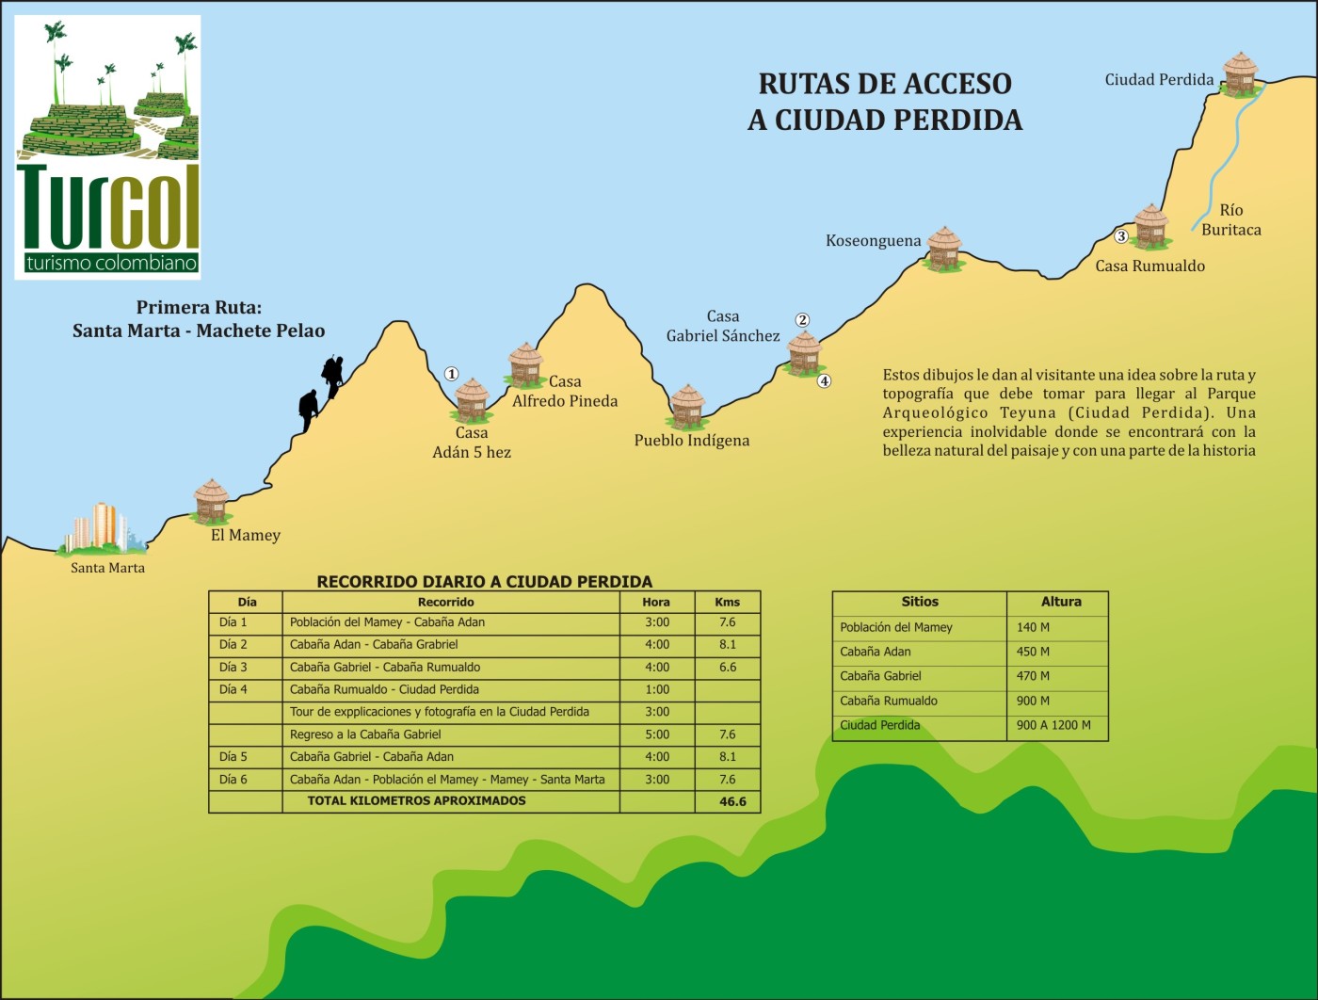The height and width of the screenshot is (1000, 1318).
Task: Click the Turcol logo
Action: [x=108, y=147]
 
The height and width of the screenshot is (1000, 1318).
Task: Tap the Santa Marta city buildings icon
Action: [x=102, y=529]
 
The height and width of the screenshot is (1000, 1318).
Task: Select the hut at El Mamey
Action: [x=212, y=500]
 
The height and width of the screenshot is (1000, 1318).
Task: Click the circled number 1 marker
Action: [x=451, y=374]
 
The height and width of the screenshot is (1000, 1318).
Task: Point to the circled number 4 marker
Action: [x=824, y=381]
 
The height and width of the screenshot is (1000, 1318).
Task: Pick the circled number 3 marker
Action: [x=1120, y=236]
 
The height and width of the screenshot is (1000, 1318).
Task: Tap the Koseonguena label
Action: [x=873, y=241]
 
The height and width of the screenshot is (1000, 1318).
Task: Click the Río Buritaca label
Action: [x=1230, y=219]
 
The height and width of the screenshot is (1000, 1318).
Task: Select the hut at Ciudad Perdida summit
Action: [x=1240, y=73]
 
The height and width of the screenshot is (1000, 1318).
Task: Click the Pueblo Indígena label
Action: [x=691, y=441]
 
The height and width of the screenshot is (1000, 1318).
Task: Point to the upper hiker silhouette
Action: [x=332, y=375]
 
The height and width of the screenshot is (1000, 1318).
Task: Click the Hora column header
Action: [x=656, y=602]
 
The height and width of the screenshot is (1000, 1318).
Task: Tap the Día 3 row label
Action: [x=233, y=668]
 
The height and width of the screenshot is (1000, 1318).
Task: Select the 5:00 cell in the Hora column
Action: [x=657, y=734]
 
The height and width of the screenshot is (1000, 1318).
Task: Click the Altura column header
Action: [x=1060, y=602]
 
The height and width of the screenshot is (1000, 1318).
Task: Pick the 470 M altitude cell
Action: [x=1033, y=676]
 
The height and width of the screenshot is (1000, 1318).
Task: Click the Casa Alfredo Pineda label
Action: [x=565, y=391]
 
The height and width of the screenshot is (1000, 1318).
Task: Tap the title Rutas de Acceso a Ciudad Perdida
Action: [x=885, y=102]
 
